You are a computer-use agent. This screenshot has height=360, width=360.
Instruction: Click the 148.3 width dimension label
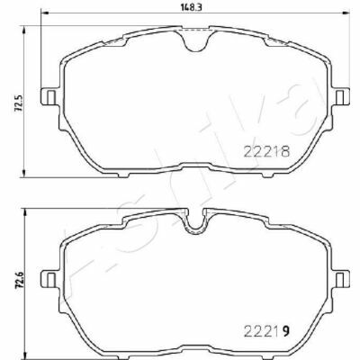pos(189,8)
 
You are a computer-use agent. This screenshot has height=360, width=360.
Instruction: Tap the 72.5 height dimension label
pos(20,103)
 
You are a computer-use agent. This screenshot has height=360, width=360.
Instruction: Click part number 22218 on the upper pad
pos(266,151)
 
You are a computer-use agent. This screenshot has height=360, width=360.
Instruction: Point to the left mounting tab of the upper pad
pos(49,96)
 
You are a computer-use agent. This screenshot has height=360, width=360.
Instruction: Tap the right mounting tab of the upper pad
pos(341,96)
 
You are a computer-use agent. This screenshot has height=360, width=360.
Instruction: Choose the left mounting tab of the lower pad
pos(49,279)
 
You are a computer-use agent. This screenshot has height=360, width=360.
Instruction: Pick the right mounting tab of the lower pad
pos(341,279)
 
